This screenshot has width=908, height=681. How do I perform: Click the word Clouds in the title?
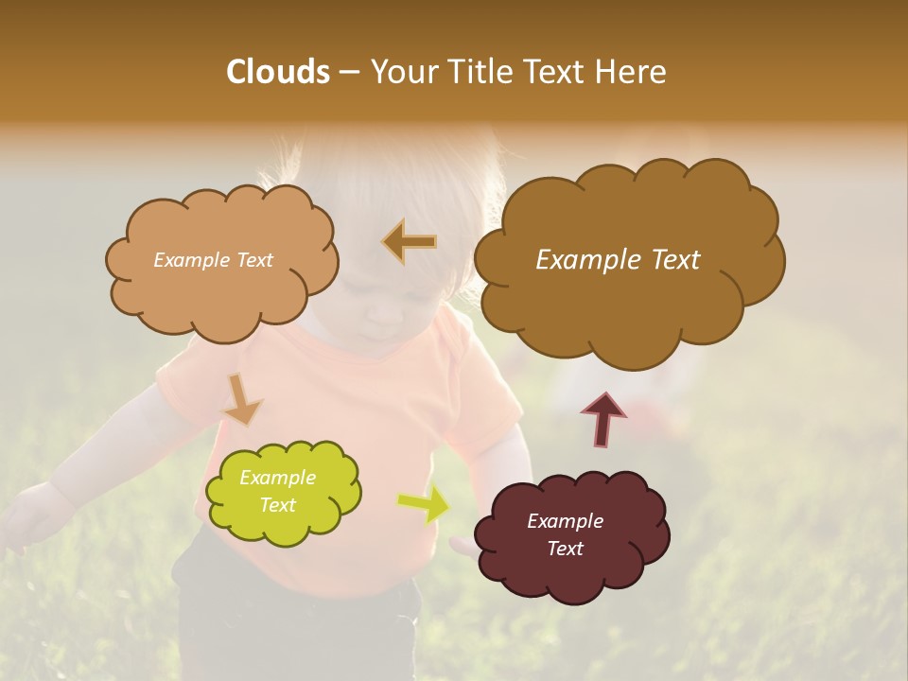point(278,72)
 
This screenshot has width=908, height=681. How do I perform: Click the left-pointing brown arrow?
point(410,242)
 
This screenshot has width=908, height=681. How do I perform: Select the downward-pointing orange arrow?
point(242,398)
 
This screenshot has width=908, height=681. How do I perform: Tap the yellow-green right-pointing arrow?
point(423,503)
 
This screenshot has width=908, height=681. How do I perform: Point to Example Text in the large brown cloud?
point(618,260)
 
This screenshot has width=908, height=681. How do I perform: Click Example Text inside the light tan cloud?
point(213,260)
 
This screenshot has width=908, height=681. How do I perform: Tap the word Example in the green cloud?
point(277,478)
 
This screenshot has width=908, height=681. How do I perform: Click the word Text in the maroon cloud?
point(565,549)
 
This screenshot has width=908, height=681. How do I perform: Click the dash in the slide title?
point(348,73)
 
